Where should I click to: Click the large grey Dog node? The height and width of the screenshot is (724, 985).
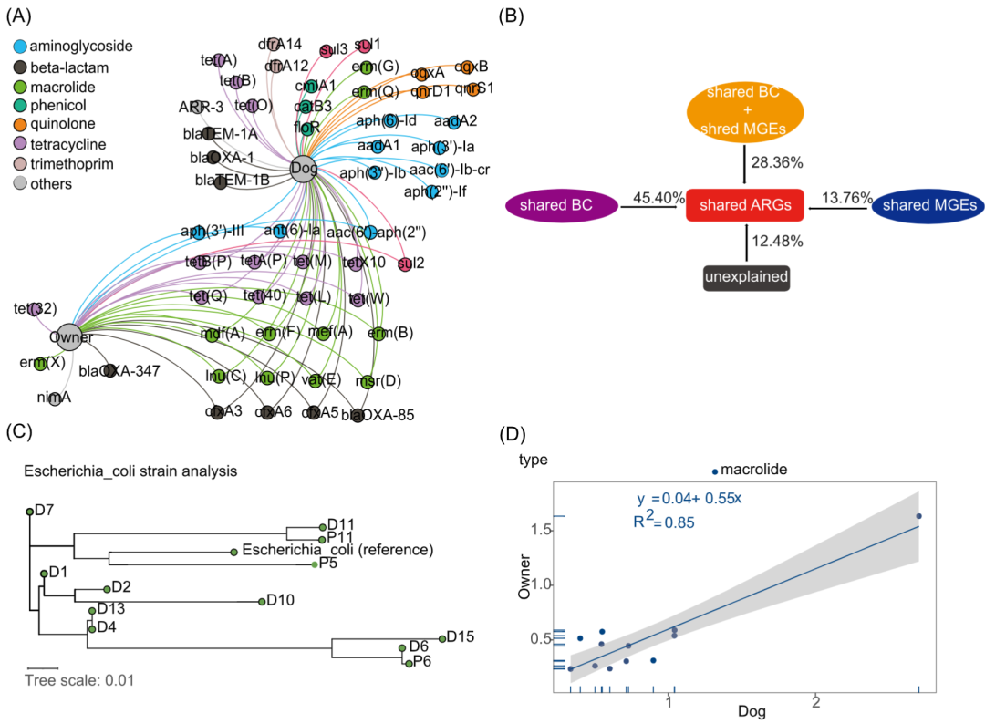[x=303, y=168]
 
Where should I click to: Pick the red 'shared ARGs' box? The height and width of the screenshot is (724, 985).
[x=744, y=207]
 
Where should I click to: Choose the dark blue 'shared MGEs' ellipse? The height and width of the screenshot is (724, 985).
[x=929, y=207]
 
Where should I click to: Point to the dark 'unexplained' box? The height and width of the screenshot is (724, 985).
[x=744, y=277]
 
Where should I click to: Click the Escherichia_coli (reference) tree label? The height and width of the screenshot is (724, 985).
[x=337, y=550]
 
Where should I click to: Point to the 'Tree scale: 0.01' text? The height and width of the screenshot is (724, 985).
[x=80, y=679]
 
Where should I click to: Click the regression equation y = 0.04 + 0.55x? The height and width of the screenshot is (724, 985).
[x=690, y=499]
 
